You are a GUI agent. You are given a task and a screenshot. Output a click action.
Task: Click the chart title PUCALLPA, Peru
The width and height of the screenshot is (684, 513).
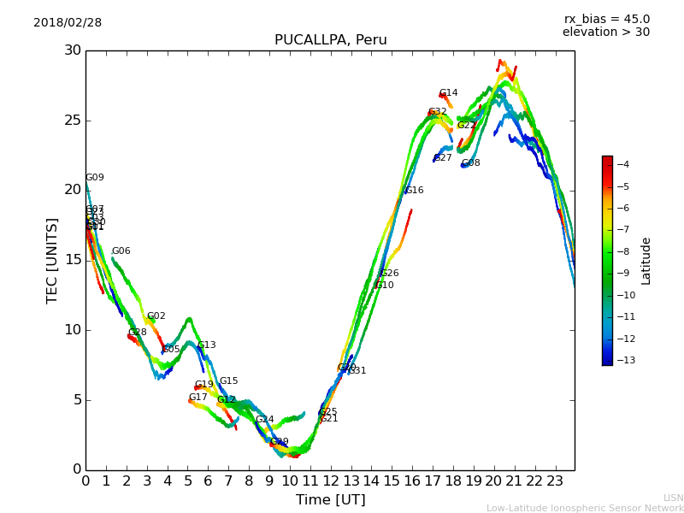click(x=330, y=40)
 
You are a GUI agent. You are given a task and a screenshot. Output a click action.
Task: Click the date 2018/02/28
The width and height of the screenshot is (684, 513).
click(x=68, y=22)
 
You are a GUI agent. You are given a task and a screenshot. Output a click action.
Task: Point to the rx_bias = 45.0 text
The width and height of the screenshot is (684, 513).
click(x=606, y=19)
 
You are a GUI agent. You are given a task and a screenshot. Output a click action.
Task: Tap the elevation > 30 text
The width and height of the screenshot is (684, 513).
click(x=605, y=32)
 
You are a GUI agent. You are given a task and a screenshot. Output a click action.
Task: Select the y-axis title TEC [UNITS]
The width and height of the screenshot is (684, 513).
click(x=52, y=260)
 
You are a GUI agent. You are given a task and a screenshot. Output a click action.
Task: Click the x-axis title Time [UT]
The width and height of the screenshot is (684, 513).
click(x=330, y=500)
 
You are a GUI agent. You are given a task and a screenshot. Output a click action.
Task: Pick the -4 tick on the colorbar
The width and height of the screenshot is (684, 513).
click(x=623, y=164)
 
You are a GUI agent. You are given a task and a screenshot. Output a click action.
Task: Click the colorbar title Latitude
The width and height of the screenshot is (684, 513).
click(x=646, y=260)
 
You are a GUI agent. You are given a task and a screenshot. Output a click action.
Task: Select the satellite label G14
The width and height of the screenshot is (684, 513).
click(x=449, y=93)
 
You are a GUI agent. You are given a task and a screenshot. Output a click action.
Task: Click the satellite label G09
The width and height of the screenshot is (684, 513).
click(x=95, y=178)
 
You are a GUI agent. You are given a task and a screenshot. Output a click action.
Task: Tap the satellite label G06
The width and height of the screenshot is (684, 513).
click(x=121, y=251)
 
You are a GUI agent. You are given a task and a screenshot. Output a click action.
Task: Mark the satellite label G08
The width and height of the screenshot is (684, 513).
click(x=471, y=163)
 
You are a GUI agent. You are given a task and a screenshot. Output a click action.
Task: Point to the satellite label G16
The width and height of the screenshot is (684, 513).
click(x=415, y=191)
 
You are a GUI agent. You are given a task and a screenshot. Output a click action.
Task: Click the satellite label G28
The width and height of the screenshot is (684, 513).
click(x=138, y=333)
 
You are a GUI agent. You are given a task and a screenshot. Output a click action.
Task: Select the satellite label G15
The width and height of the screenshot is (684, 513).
click(x=229, y=381)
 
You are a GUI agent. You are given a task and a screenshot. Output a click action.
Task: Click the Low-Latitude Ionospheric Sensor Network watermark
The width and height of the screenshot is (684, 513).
click(x=585, y=508)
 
